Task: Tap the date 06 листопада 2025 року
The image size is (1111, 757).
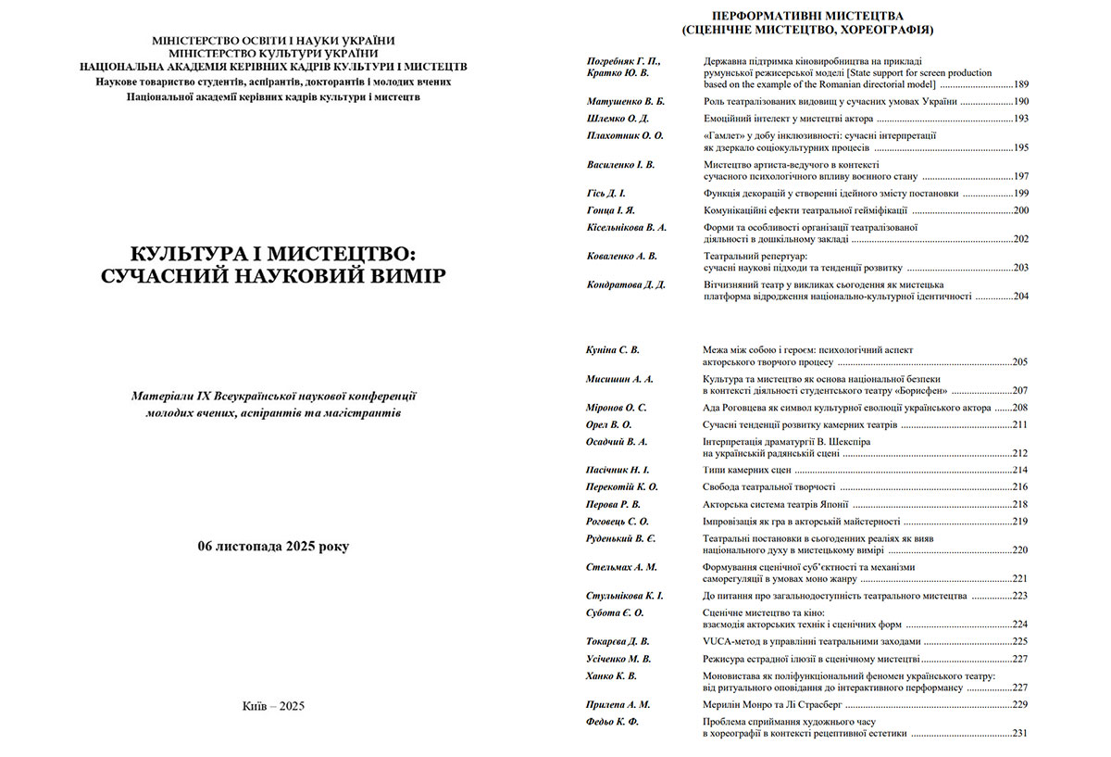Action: click(x=273, y=546)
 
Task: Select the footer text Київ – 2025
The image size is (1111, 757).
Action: click(x=273, y=705)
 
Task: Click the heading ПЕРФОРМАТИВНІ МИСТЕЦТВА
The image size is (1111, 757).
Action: click(x=805, y=16)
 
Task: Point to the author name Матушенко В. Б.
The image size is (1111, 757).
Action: click(x=625, y=101)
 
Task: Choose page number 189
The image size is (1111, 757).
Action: click(x=1019, y=84)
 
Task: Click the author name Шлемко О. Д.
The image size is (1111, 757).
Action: click(x=618, y=119)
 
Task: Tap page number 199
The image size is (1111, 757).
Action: click(x=1020, y=194)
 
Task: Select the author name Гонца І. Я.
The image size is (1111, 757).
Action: click(x=611, y=210)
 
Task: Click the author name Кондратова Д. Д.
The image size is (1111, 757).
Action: click(x=626, y=284)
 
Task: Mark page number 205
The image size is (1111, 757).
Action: click(x=1020, y=362)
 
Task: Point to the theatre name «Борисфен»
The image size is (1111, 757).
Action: click(x=917, y=391)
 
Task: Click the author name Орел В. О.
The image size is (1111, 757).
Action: click(x=609, y=424)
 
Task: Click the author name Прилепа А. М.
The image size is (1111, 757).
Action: click(x=618, y=704)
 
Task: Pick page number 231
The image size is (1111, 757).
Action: click(x=1020, y=734)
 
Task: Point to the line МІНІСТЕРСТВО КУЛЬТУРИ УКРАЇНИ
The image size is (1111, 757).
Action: click(x=273, y=54)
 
